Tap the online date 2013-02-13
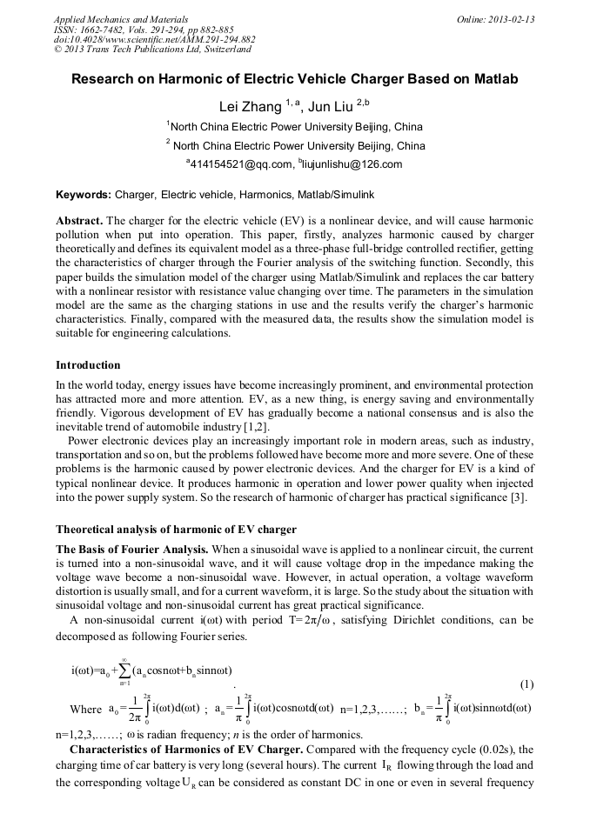(x=512, y=18)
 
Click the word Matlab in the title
(x=495, y=79)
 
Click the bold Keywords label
(x=83, y=196)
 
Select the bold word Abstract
(x=79, y=222)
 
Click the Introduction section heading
(x=88, y=365)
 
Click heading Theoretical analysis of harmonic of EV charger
(x=176, y=530)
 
